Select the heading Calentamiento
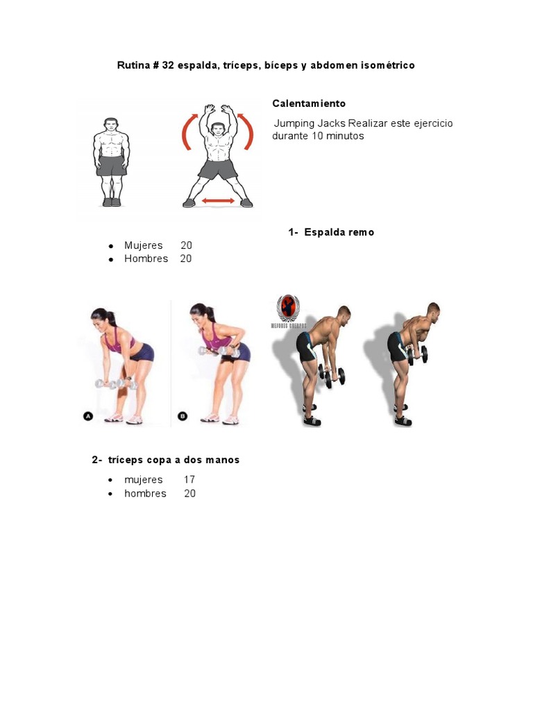pyautogui.click(x=308, y=103)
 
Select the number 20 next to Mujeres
pyautogui.click(x=186, y=245)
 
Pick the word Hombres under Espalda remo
pyautogui.click(x=146, y=259)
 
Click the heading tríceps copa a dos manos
pyautogui.click(x=174, y=460)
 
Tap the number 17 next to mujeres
pyautogui.click(x=189, y=480)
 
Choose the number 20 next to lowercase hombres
pyautogui.click(x=189, y=494)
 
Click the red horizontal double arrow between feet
pyautogui.click(x=218, y=201)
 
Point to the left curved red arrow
pyautogui.click(x=186, y=132)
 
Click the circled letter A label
pyautogui.click(x=88, y=416)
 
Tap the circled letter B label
pyautogui.click(x=183, y=416)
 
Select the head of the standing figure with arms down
pyautogui.click(x=111, y=125)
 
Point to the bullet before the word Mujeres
pyautogui.click(x=111, y=246)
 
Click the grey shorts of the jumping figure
pyautogui.click(x=218, y=168)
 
